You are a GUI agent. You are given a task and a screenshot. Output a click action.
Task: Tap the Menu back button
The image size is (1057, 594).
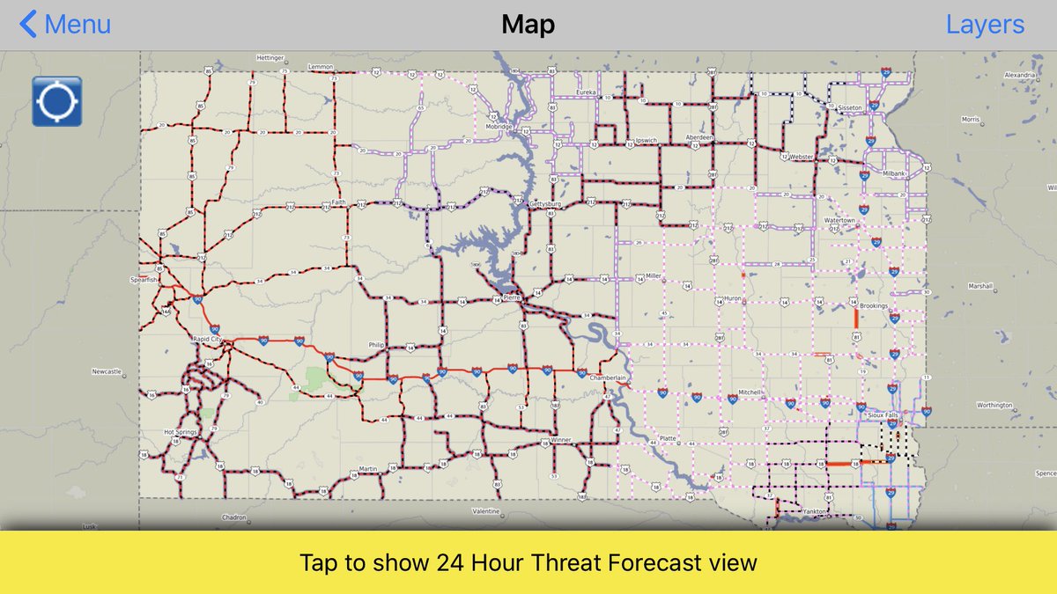pos(65,25)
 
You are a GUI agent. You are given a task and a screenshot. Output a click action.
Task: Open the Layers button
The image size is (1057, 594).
pos(985,25)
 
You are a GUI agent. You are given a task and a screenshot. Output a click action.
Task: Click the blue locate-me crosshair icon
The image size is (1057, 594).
pos(57,101)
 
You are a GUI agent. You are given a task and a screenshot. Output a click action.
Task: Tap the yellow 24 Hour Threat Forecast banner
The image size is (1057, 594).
pos(528,562)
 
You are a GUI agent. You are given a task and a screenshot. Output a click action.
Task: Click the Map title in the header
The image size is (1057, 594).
pos(528,25)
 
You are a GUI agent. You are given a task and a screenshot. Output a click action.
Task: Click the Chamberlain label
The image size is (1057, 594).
pos(608,378)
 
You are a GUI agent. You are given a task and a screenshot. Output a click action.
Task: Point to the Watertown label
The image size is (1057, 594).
pos(839,220)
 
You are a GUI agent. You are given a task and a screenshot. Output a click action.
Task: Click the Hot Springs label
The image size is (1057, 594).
pos(181,432)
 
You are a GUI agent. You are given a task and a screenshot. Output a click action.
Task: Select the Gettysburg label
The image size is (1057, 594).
pos(544,203)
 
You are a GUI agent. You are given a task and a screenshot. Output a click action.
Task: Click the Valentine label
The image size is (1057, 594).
pos(485,511)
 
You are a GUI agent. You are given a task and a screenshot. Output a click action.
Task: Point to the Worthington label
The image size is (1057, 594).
pos(994,405)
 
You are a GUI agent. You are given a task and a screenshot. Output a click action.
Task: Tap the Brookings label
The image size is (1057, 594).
pos(873,305)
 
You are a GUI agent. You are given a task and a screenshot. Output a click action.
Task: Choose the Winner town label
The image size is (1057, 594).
pos(561,440)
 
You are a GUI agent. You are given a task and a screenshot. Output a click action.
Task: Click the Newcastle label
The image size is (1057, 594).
pos(106,371)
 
